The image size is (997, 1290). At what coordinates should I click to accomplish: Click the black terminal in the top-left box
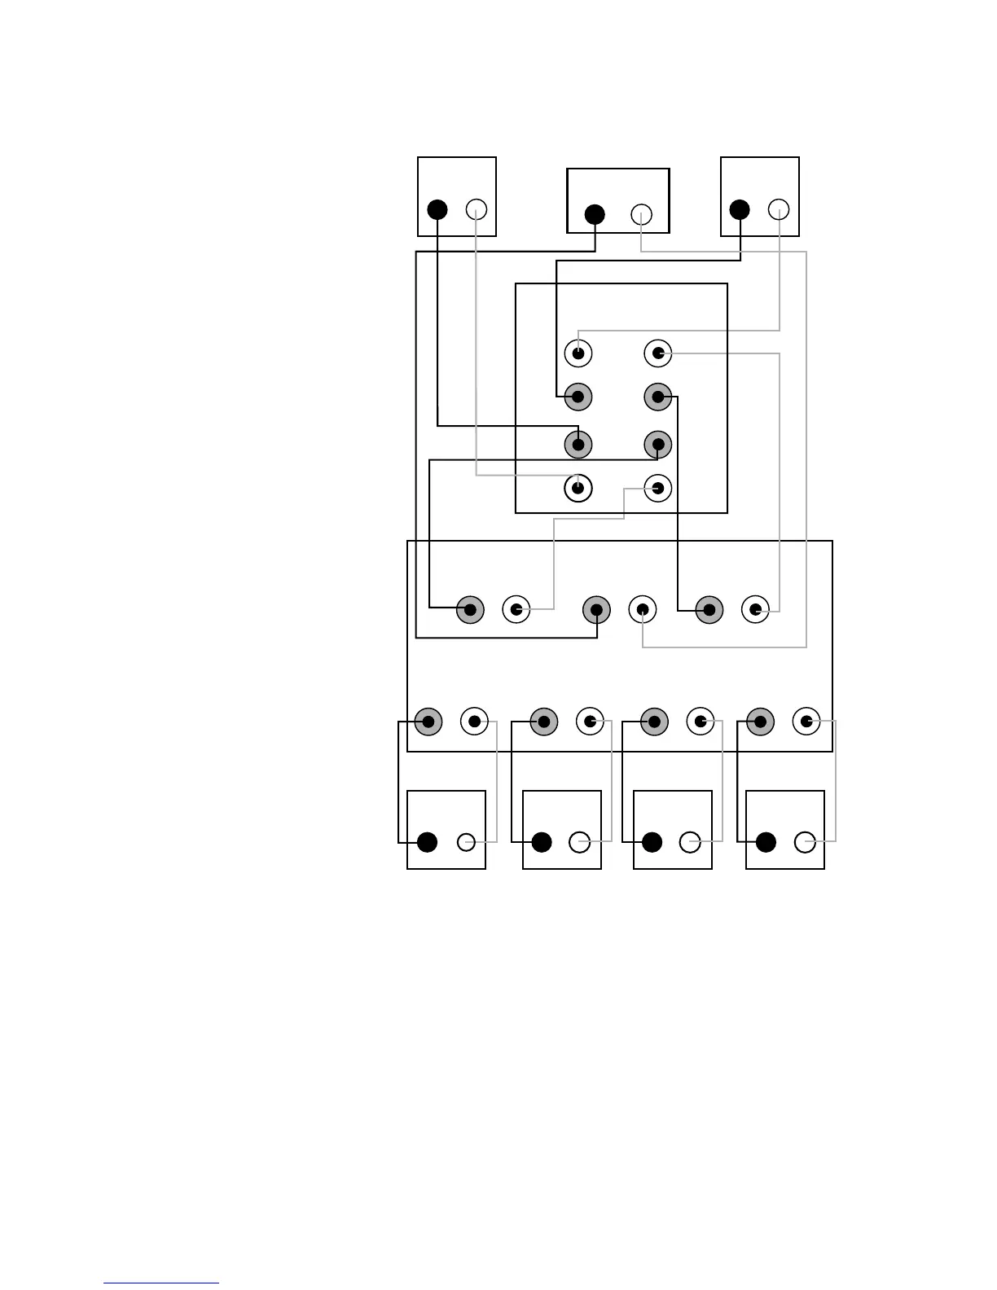(437, 209)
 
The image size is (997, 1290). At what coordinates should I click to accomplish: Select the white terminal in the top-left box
(477, 209)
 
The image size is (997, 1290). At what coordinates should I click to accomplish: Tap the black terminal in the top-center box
(595, 215)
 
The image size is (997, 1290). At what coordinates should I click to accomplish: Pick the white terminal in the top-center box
(641, 215)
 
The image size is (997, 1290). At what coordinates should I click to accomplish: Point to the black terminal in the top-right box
(740, 209)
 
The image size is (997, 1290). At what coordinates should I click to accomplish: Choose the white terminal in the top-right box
(779, 209)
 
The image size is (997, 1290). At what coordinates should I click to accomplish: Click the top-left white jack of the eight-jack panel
(578, 353)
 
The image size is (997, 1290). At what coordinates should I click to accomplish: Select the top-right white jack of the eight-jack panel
(658, 353)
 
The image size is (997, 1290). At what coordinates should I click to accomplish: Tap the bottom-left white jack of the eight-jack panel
(578, 489)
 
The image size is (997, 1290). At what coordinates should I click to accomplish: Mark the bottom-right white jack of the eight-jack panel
(658, 489)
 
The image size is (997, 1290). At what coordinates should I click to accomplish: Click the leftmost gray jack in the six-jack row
(470, 609)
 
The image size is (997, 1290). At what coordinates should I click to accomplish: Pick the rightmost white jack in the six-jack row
(756, 609)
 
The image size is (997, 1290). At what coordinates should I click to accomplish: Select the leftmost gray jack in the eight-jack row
(428, 722)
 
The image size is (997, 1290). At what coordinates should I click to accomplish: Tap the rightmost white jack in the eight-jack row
(806, 722)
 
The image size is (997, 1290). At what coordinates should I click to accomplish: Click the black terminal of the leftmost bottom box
(427, 842)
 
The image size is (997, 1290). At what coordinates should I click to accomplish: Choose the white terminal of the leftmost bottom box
(466, 842)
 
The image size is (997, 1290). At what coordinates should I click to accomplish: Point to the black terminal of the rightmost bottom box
(766, 842)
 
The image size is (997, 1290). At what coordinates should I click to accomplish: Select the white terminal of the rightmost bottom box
(805, 842)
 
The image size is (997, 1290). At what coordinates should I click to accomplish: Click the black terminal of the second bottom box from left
(542, 842)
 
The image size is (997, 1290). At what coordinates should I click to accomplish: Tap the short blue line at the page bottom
(161, 1283)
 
